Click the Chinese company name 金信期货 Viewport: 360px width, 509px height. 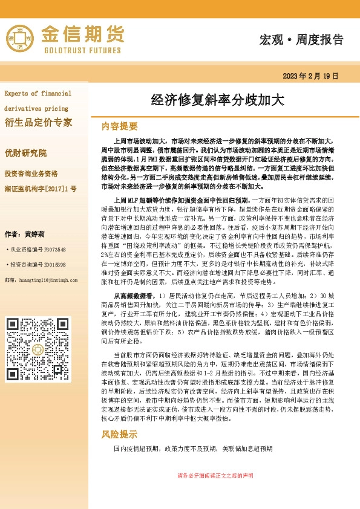(83, 33)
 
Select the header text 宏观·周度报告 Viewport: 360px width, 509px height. (301, 40)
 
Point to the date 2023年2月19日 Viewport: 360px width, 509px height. (310, 76)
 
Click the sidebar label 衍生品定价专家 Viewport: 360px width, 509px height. (38, 123)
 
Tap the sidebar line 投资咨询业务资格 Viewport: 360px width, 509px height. (31, 173)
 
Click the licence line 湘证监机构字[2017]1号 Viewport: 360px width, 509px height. (40, 189)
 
